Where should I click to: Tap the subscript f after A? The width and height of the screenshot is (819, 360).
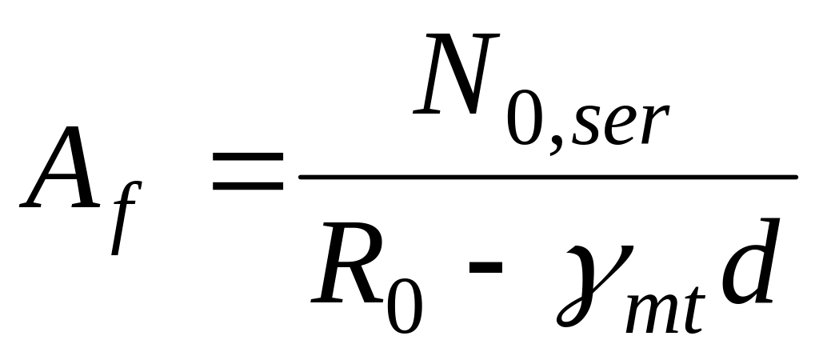click(x=126, y=218)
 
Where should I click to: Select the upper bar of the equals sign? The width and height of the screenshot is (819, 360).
click(x=248, y=156)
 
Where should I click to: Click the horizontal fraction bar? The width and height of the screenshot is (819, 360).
click(x=548, y=178)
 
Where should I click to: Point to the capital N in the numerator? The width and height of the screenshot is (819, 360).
click(x=455, y=73)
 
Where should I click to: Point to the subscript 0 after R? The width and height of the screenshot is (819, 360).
click(x=405, y=306)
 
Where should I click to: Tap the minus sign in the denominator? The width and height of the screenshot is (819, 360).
click(x=485, y=267)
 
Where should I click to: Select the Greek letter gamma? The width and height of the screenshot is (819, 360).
click(x=594, y=286)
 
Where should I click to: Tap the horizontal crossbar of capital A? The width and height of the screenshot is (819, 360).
click(x=62, y=179)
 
